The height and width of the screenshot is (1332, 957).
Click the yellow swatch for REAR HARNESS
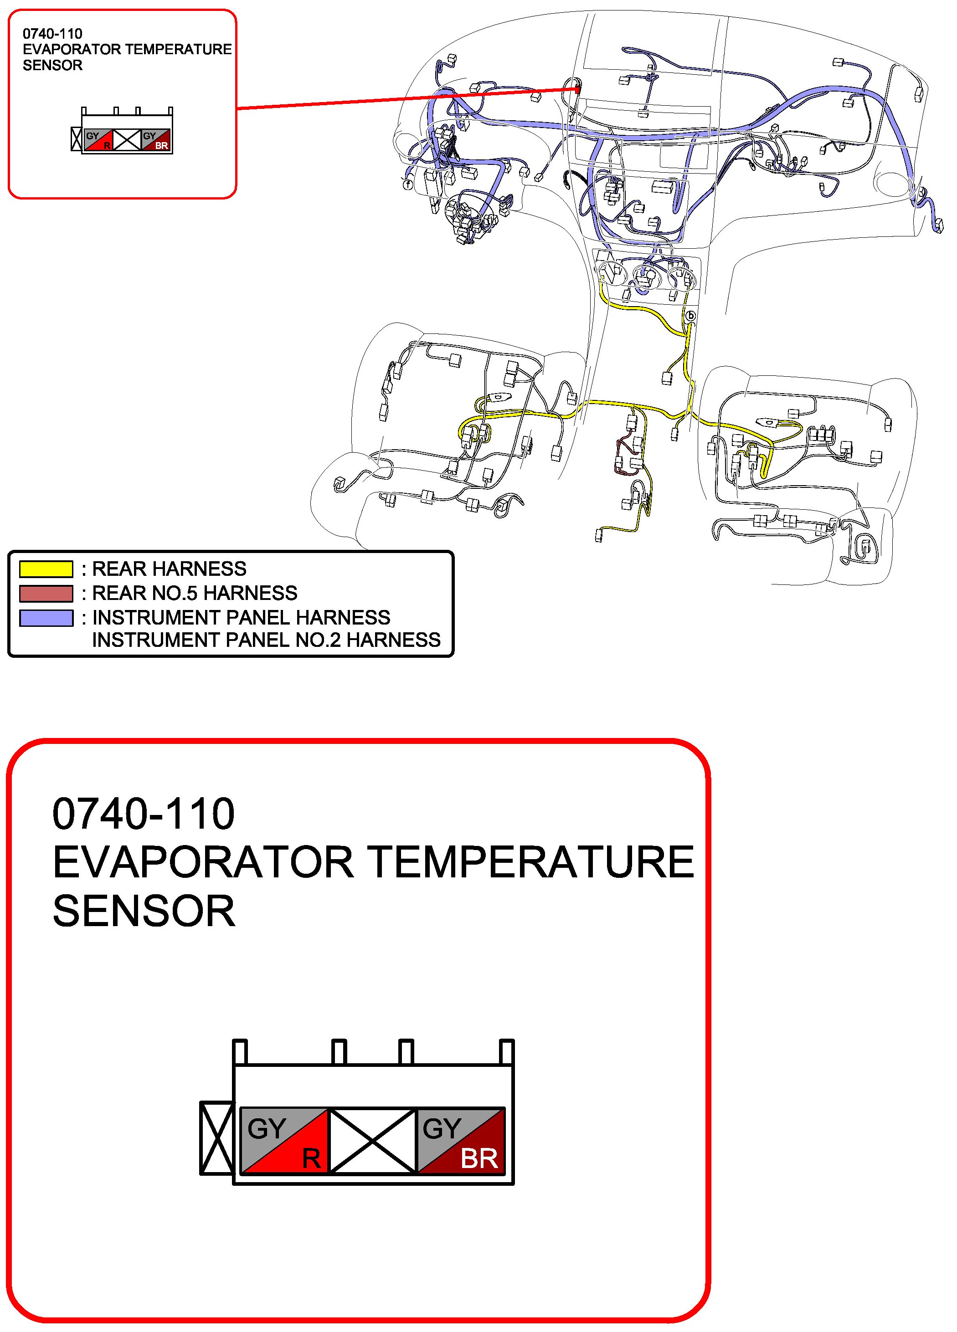(x=46, y=569)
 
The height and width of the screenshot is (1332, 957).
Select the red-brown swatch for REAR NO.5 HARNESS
(x=46, y=593)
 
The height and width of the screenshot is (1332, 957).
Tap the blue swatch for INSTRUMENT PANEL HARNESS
(x=46, y=618)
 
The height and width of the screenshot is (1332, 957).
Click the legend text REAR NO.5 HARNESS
(x=195, y=593)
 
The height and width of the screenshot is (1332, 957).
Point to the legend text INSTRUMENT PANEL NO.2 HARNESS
(x=266, y=640)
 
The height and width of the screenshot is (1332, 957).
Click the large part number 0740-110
(x=144, y=814)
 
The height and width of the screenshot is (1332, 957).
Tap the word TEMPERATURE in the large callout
(x=532, y=862)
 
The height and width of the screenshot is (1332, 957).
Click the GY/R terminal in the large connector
(x=284, y=1141)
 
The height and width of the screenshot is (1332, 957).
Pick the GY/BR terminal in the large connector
(x=461, y=1141)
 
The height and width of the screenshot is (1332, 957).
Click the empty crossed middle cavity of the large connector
(x=372, y=1141)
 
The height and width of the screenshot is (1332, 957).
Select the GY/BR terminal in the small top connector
(x=156, y=140)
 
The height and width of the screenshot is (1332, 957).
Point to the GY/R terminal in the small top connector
(x=98, y=140)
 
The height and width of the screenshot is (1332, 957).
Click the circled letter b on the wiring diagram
(x=691, y=316)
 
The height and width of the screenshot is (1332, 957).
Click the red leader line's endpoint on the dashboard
(x=578, y=89)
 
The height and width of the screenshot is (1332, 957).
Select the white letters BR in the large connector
(x=479, y=1158)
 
